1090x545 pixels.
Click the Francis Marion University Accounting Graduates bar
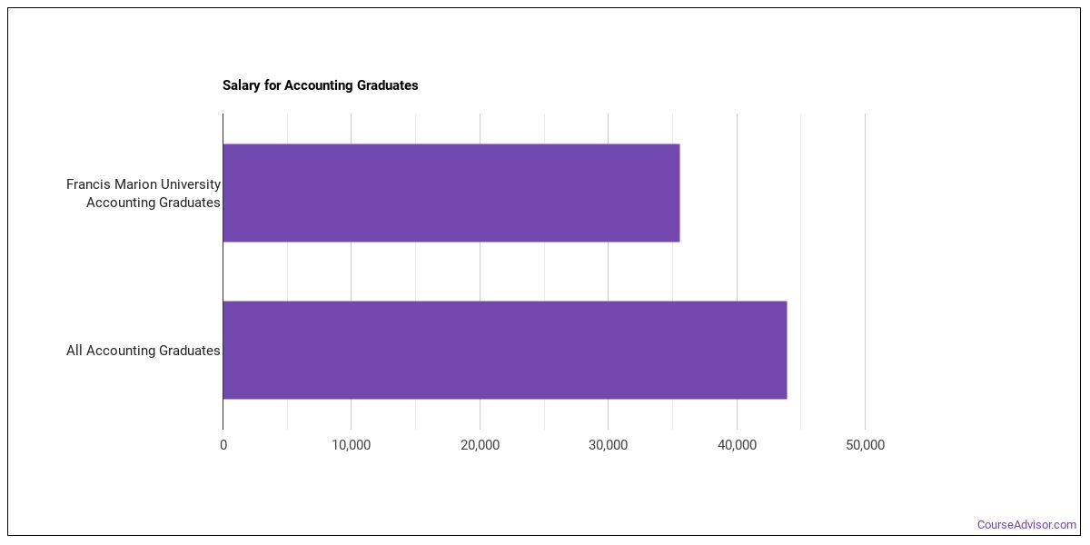coord(451,193)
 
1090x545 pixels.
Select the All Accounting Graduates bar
coord(505,350)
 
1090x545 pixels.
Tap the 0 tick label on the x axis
coord(223,445)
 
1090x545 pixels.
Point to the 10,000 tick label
coord(352,445)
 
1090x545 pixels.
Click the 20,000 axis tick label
coord(480,445)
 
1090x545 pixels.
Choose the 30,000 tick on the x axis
coord(609,445)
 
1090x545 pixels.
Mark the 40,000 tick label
coord(737,445)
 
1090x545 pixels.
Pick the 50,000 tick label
coord(865,445)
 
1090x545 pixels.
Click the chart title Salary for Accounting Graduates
coord(320,85)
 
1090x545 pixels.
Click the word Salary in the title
coord(242,85)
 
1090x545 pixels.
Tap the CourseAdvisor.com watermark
coord(1026,525)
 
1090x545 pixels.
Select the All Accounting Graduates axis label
coord(144,351)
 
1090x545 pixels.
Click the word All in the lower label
coord(74,351)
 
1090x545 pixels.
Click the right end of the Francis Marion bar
coord(679,193)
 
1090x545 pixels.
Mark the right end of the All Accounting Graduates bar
coord(787,350)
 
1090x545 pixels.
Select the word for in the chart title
coord(272,85)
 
